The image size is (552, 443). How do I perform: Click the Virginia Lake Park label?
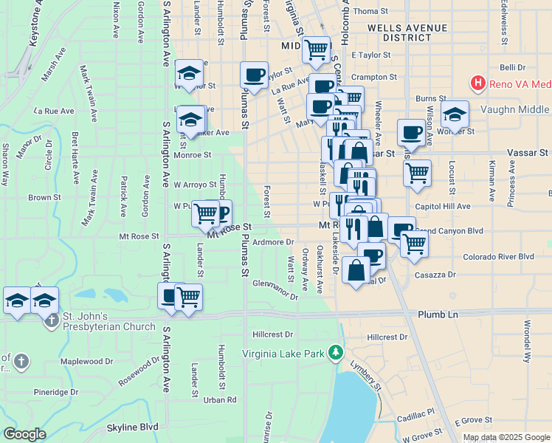pyautogui.click(x=283, y=354)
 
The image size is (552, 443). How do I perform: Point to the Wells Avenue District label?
pyautogui.click(x=406, y=32)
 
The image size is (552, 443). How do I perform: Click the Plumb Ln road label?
pyautogui.click(x=438, y=315)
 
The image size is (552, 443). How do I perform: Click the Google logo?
pyautogui.click(x=24, y=433)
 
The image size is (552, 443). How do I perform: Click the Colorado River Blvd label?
pyautogui.click(x=498, y=257)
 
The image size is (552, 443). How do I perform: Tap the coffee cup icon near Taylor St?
pyautogui.click(x=255, y=75)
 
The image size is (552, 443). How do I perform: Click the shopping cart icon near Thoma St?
pyautogui.click(x=316, y=50)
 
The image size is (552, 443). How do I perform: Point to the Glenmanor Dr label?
pyautogui.click(x=275, y=290)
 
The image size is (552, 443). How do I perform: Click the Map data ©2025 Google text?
pyautogui.click(x=506, y=437)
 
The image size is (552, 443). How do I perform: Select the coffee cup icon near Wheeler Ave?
pyautogui.click(x=411, y=133)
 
